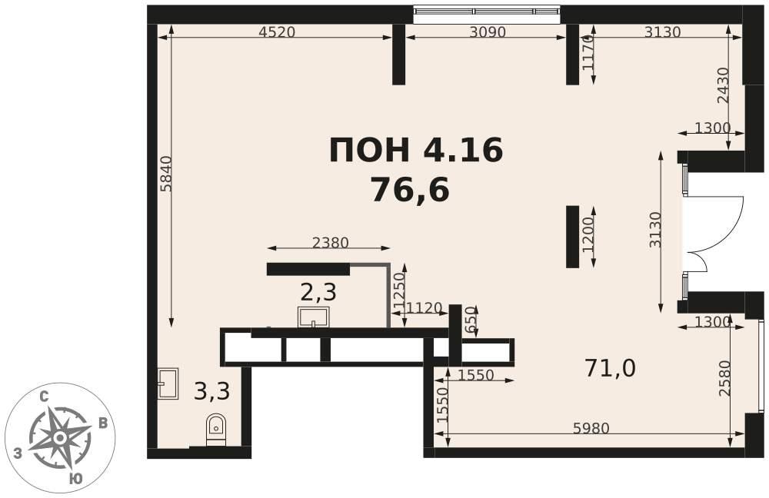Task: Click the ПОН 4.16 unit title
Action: (416, 150)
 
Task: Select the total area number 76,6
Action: (410, 190)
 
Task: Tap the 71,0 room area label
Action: (610, 367)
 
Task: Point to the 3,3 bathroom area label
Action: (212, 391)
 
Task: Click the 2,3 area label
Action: (318, 293)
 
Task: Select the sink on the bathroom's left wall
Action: (168, 383)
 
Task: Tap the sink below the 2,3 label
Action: (314, 317)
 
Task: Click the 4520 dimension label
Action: (277, 32)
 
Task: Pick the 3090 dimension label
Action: (487, 32)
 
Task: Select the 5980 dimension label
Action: (591, 428)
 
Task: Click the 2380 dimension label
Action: (331, 243)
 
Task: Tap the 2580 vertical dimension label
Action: (724, 378)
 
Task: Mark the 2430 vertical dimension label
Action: (723, 85)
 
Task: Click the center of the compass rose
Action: (59, 437)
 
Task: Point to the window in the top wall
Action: (487, 15)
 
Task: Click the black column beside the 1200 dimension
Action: (572, 237)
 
